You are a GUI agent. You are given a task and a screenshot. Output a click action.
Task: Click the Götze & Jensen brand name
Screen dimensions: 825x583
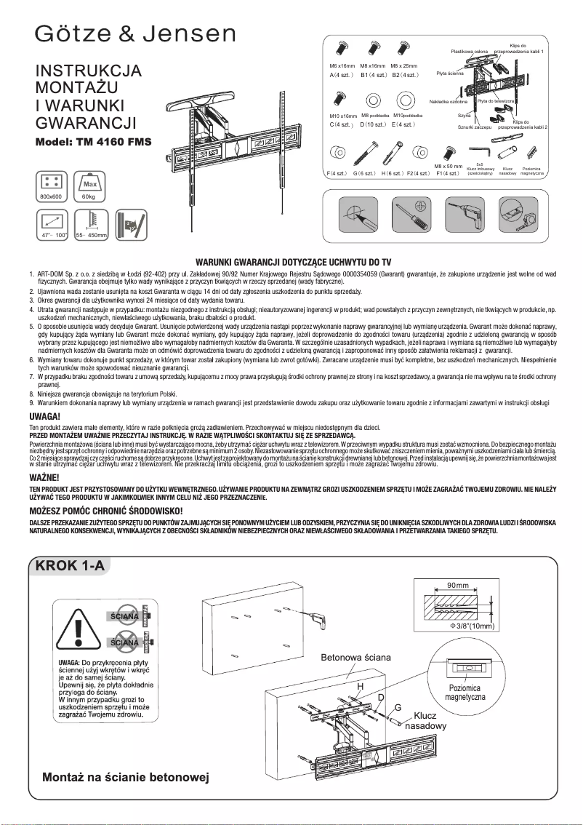coord(137,34)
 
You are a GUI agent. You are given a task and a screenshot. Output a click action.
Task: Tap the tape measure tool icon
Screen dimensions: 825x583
coord(516,217)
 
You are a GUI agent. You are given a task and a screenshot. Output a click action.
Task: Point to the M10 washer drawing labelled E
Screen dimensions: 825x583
coord(406,100)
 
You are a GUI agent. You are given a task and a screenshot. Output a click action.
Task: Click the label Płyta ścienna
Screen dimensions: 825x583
coord(450,73)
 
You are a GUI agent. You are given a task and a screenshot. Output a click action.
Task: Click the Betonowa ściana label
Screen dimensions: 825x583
coord(356,658)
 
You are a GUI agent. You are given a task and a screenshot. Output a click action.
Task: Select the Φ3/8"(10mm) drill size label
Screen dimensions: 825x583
coord(473,626)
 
